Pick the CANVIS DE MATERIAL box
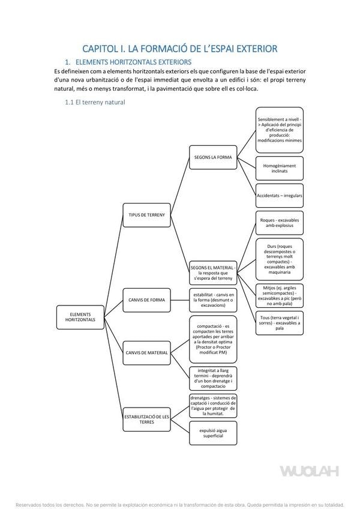tap(146, 352)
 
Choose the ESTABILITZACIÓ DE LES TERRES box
tap(146, 419)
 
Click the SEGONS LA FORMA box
tap(213, 157)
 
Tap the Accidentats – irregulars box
tap(279, 196)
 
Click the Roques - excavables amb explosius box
tap(279, 223)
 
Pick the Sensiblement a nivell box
tap(279, 129)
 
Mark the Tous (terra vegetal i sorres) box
tap(279, 322)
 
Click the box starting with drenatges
tap(213, 406)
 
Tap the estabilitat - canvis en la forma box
tap(213, 300)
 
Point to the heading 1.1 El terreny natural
tap(95, 103)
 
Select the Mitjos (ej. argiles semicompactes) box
tap(279, 295)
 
